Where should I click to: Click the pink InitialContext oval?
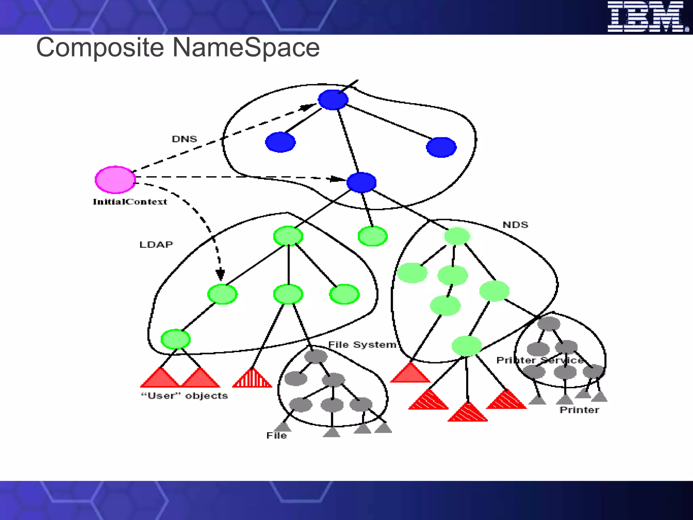click(115, 179)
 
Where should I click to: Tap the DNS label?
click(184, 139)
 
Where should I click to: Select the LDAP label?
click(156, 244)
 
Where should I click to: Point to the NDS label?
click(515, 225)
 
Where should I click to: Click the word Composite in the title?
click(100, 47)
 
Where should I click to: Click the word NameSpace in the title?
click(246, 47)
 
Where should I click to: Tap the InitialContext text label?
click(130, 202)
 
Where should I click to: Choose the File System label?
click(362, 345)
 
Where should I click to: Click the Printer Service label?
click(540, 360)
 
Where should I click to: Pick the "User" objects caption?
click(184, 395)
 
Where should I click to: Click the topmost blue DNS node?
click(333, 100)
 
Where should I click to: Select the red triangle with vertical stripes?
click(252, 378)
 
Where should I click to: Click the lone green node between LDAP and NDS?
click(373, 236)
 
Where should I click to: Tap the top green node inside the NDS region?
click(457, 236)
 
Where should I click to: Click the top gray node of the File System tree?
click(316, 356)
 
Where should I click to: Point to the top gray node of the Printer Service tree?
click(549, 324)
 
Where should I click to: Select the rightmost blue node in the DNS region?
click(441, 147)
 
